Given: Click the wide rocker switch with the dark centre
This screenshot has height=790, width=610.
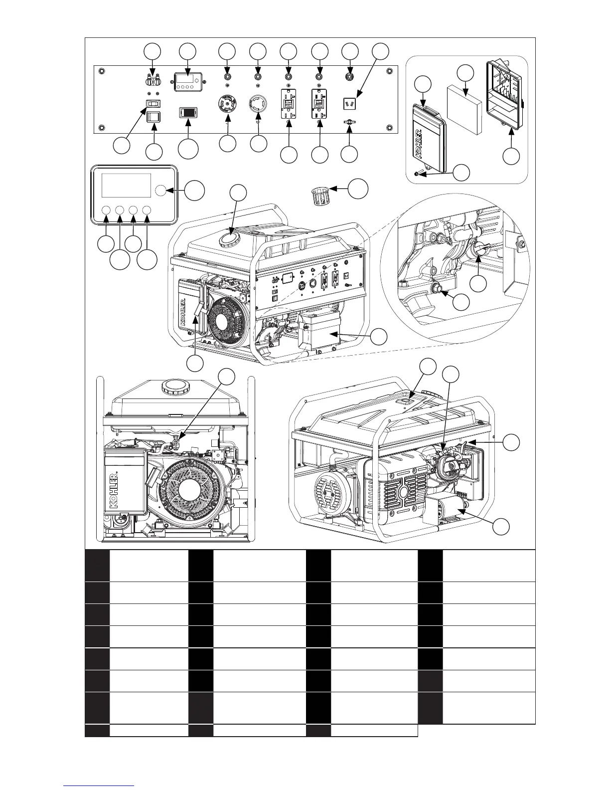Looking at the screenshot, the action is click(187, 112).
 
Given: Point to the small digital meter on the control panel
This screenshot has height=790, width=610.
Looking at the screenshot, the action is click(187, 80).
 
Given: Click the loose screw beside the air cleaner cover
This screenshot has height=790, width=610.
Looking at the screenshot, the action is click(420, 173).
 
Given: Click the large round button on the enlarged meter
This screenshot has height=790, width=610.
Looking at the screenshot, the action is click(161, 190).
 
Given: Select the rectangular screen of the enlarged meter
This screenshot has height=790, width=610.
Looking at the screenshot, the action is click(126, 186).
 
